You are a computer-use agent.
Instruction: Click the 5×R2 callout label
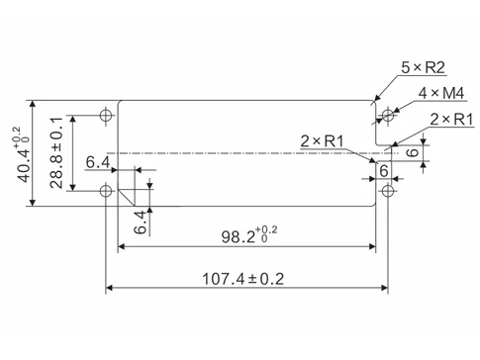(x=422, y=68)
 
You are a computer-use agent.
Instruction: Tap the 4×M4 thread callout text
(x=440, y=94)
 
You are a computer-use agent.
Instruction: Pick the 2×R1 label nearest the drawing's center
(x=322, y=141)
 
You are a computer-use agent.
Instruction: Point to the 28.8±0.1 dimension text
(x=56, y=153)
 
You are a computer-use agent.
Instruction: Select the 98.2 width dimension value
(x=237, y=237)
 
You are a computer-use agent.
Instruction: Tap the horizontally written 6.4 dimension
(x=97, y=161)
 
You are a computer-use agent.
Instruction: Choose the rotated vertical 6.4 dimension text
(x=141, y=221)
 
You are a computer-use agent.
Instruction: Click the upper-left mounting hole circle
(x=105, y=116)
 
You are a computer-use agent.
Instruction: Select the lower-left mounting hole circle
(x=105, y=190)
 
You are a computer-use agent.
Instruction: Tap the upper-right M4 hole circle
(x=388, y=117)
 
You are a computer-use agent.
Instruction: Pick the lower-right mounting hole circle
(x=388, y=190)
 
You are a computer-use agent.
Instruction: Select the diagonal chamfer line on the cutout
(x=126, y=195)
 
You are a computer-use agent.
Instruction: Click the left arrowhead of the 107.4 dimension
(x=110, y=289)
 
